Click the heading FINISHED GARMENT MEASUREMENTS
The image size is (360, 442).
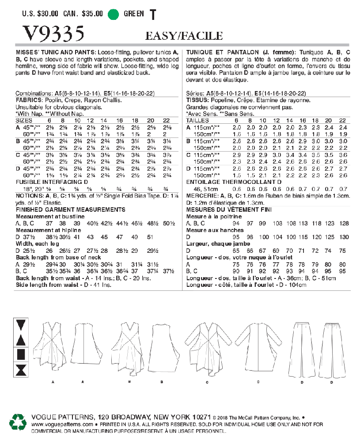[x=70, y=209]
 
